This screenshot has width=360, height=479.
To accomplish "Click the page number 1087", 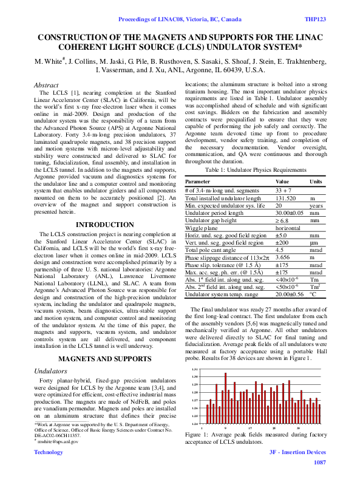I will click(319, 463).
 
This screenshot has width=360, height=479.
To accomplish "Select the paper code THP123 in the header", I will click(315, 20).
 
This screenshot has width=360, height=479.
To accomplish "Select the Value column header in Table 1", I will click(283, 182).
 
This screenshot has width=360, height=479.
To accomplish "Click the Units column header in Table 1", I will click(316, 182).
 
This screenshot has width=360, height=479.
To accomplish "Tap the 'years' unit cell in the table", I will click(316, 205).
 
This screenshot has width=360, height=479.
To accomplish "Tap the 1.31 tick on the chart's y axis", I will click(195, 369).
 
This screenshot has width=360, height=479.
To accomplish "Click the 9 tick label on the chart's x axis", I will click(225, 427).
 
